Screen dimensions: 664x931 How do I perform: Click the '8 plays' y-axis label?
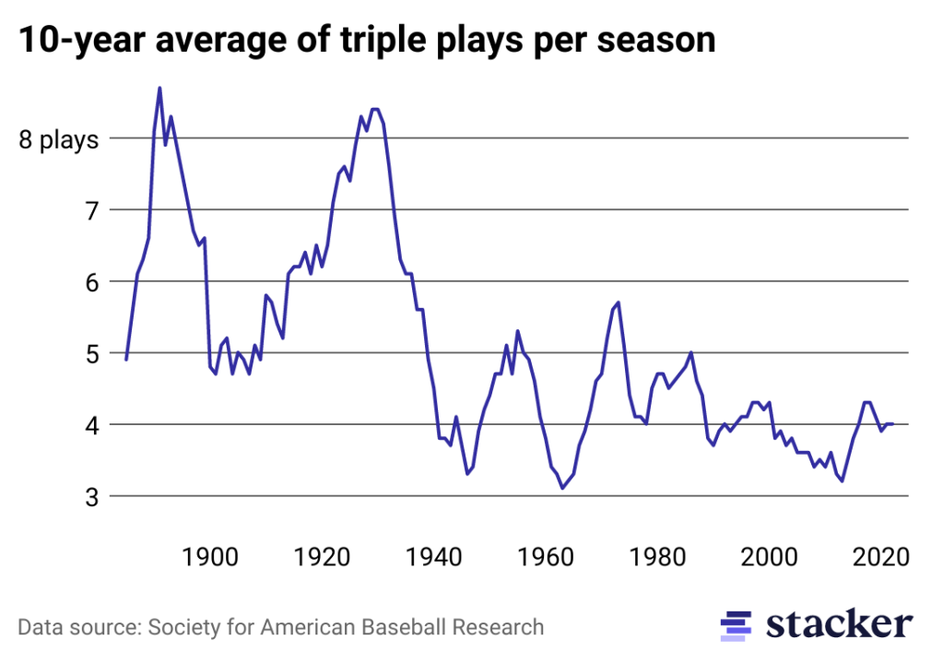[x=59, y=140]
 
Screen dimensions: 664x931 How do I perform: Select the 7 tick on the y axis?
[x=90, y=211]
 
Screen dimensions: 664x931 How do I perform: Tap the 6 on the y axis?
[x=90, y=283]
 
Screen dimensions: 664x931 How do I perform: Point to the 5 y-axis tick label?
[x=90, y=354]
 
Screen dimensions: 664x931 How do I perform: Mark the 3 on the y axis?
[x=90, y=497]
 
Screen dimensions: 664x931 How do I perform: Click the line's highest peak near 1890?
[x=159, y=88]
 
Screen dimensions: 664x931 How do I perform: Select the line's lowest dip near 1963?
[x=562, y=488]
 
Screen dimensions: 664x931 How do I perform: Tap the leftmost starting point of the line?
[x=126, y=360]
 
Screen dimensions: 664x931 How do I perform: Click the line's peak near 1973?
[x=619, y=302]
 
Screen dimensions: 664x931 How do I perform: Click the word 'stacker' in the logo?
[x=839, y=624]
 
